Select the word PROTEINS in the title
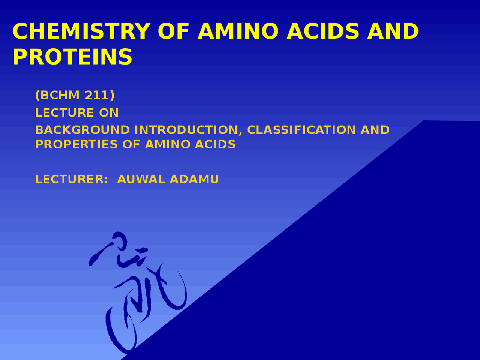pyautogui.click(x=72, y=57)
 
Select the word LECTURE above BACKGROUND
pyautogui.click(x=64, y=112)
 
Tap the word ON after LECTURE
pyautogui.click(x=109, y=112)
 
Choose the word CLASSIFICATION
pyautogui.click(x=301, y=130)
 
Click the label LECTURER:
pyautogui.click(x=72, y=179)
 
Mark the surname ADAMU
pyautogui.click(x=194, y=179)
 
